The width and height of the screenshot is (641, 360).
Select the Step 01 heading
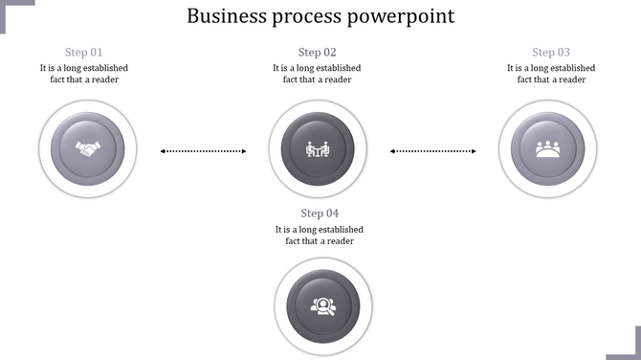[x=84, y=53]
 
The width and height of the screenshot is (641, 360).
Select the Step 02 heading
[x=318, y=53]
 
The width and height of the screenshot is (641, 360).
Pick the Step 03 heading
[x=551, y=53]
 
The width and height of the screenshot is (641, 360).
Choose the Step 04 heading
[x=320, y=214]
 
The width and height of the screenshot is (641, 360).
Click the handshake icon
[x=88, y=149]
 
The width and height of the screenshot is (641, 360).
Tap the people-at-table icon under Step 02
[x=318, y=149]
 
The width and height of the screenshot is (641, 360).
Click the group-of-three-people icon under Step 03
[x=548, y=149]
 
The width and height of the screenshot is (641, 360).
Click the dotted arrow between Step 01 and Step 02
[x=203, y=150]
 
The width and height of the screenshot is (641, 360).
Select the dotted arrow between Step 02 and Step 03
[x=433, y=150]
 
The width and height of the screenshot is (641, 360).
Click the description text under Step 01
[x=84, y=74]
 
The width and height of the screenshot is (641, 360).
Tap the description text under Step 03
[x=551, y=74]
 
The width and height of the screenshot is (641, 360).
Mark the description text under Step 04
[x=320, y=236]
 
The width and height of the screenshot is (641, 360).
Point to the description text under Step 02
[x=318, y=74]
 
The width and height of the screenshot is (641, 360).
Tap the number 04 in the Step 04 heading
[x=332, y=214]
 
